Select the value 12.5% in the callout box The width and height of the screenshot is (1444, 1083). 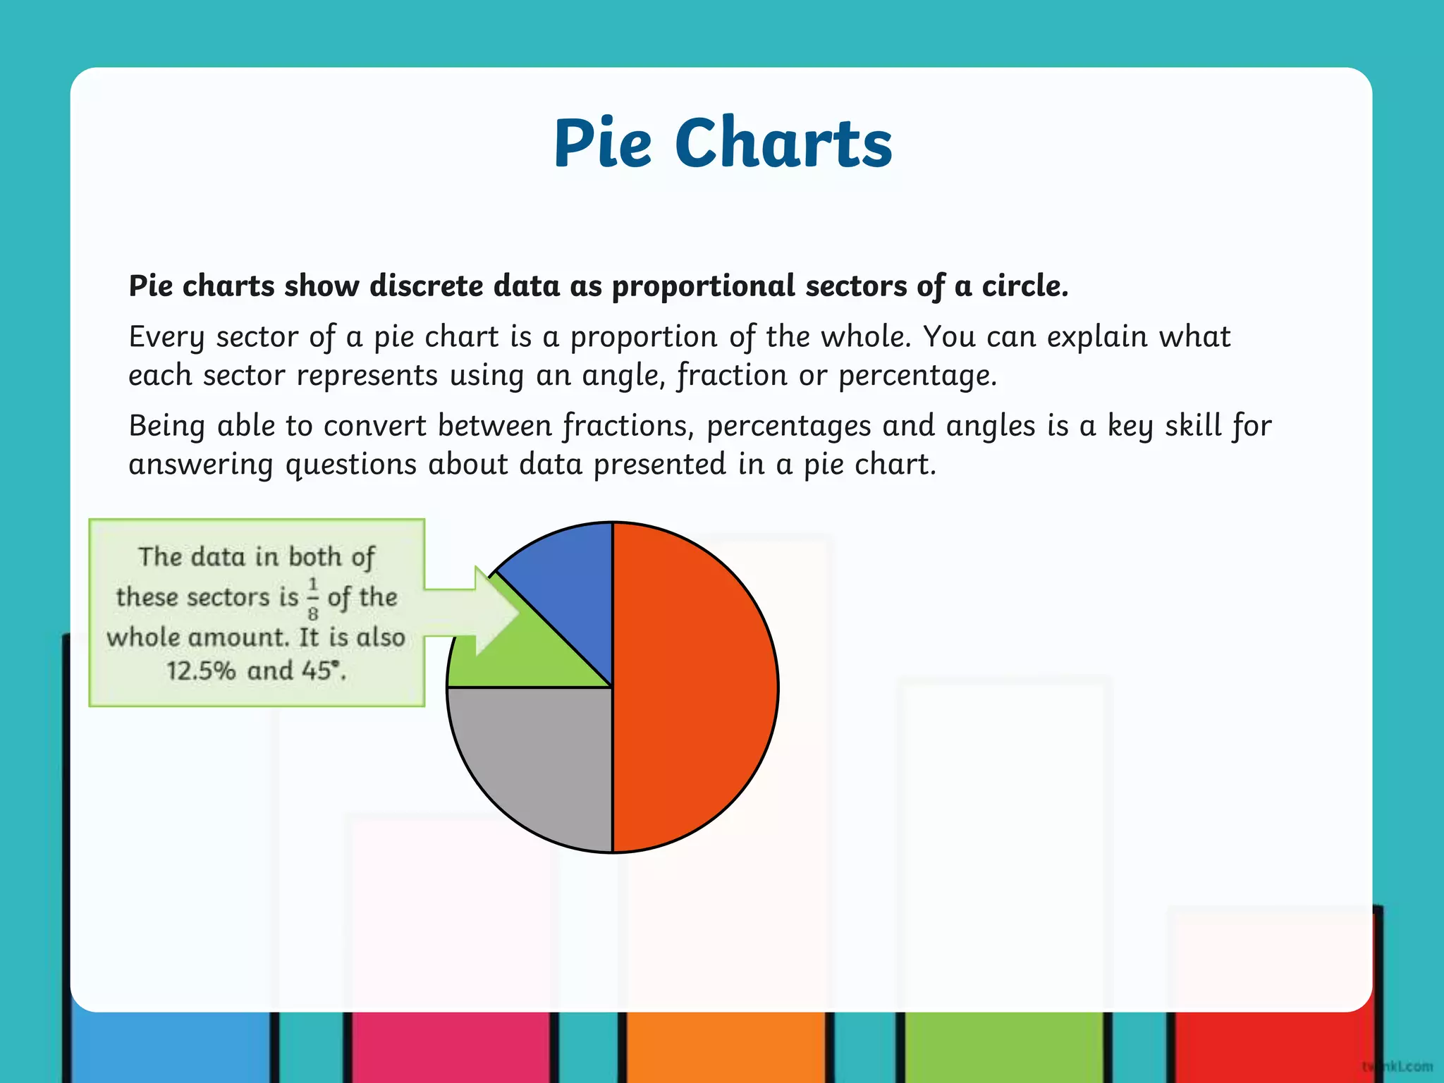pyautogui.click(x=201, y=670)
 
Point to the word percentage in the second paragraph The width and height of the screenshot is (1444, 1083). pyautogui.click(x=917, y=375)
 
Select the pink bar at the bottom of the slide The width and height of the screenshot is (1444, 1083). pyautogui.click(x=451, y=1047)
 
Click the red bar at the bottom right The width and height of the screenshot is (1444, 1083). pyautogui.click(x=1269, y=1047)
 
